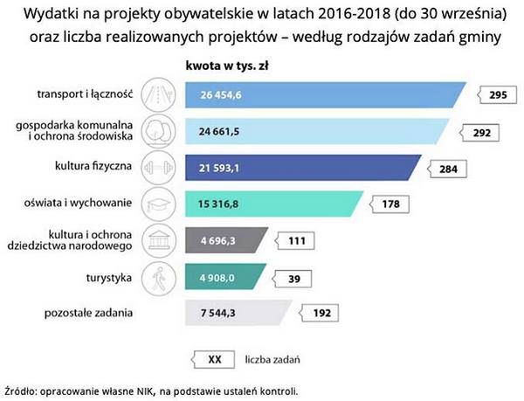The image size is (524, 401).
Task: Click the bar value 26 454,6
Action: [x=219, y=93]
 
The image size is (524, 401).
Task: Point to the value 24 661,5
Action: [x=218, y=131]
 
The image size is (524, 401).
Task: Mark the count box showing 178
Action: [x=390, y=204]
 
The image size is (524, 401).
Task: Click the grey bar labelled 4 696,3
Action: [x=223, y=239]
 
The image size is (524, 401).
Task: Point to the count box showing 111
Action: [x=295, y=239]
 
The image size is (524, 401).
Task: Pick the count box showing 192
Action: [x=319, y=311]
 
